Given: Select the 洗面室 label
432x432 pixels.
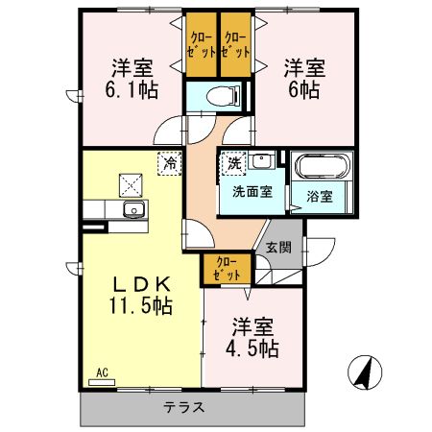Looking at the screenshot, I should point(252,191).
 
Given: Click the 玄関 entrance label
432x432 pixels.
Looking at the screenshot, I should point(278,247).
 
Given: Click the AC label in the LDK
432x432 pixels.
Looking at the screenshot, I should point(101,372).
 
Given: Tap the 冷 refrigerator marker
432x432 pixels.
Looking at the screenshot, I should point(170,163).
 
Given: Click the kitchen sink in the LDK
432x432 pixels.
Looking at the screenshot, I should point(132,210).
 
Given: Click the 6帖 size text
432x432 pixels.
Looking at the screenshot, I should point(302,93).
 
